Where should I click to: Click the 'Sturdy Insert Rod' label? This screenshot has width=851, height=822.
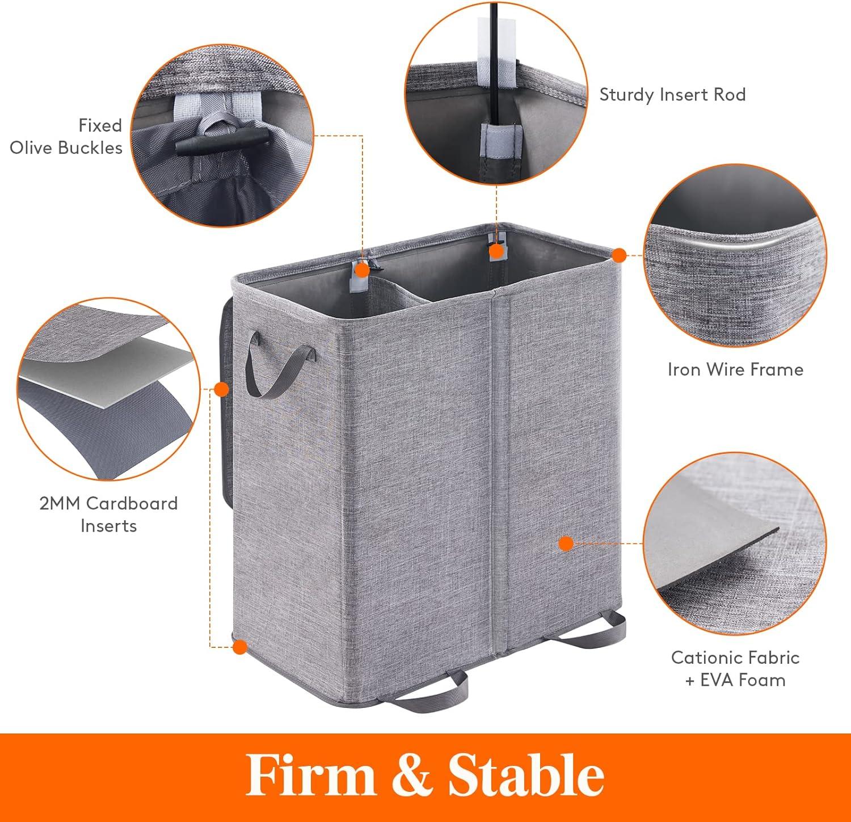click(x=672, y=94)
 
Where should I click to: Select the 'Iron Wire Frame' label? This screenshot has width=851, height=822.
click(x=735, y=370)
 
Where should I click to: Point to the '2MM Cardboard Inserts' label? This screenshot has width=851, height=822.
click(x=108, y=514)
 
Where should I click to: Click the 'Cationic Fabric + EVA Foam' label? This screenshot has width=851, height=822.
click(x=735, y=668)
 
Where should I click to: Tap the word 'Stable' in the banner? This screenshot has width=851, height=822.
click(x=526, y=775)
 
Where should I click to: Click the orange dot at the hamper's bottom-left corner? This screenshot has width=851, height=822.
click(x=241, y=646)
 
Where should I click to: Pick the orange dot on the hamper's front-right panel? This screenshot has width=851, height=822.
click(x=565, y=543)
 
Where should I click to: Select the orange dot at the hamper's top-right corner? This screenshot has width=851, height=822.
click(x=620, y=255)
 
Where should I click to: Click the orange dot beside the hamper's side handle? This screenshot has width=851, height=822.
click(x=222, y=389)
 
